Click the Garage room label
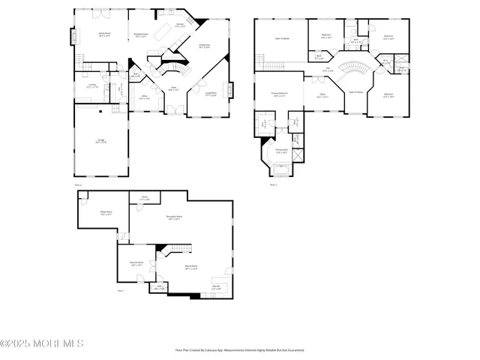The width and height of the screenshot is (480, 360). point(100,141)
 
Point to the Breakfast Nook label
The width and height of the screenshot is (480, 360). point(139,34)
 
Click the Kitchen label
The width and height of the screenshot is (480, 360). point(180,26)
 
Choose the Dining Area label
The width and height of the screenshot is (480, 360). point(203,46)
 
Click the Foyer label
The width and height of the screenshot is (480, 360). point(173,88)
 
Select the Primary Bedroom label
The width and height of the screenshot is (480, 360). point(281,94)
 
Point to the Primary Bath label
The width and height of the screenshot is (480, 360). point(280,152)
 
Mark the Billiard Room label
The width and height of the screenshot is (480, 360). point(191,268)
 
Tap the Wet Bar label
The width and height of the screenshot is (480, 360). point(216,286)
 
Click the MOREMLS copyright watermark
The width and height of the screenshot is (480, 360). point(42,343)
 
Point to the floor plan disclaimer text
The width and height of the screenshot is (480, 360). point(240,349)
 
